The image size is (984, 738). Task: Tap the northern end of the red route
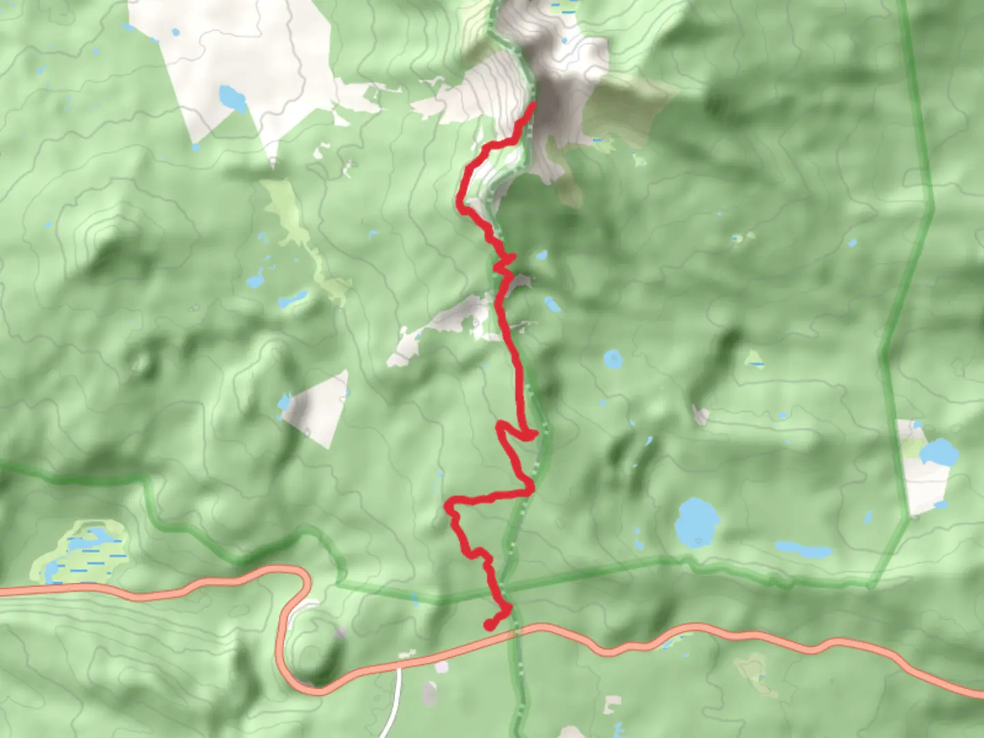pos(532,105)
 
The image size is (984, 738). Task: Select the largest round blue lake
pos(697,521)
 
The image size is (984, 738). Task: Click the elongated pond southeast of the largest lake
pos(804,549)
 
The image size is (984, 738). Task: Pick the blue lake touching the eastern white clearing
pos(940,452)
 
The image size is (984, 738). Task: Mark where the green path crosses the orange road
pos(516,631)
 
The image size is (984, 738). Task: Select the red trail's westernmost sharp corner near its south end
pos(448,507)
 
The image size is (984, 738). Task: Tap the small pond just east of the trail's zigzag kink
pos(541,256)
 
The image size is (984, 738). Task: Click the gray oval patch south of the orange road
pos(429,693)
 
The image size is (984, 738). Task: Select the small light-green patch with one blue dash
pos(754,359)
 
